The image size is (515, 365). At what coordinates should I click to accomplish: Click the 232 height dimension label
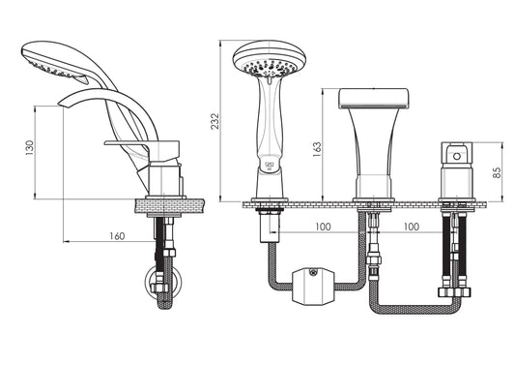coord(215,121)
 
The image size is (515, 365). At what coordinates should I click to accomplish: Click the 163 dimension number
coord(317,149)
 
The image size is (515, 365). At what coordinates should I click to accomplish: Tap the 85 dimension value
coord(498,172)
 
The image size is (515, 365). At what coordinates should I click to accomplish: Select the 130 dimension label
coord(30,148)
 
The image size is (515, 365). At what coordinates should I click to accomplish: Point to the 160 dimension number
coord(117,236)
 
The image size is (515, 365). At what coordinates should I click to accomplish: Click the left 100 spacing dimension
coord(323,227)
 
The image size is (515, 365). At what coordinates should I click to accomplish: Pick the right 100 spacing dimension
coord(412,227)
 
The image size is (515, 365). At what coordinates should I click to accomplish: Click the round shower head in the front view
coord(270,59)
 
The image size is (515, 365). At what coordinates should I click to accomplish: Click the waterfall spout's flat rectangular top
coord(374,98)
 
